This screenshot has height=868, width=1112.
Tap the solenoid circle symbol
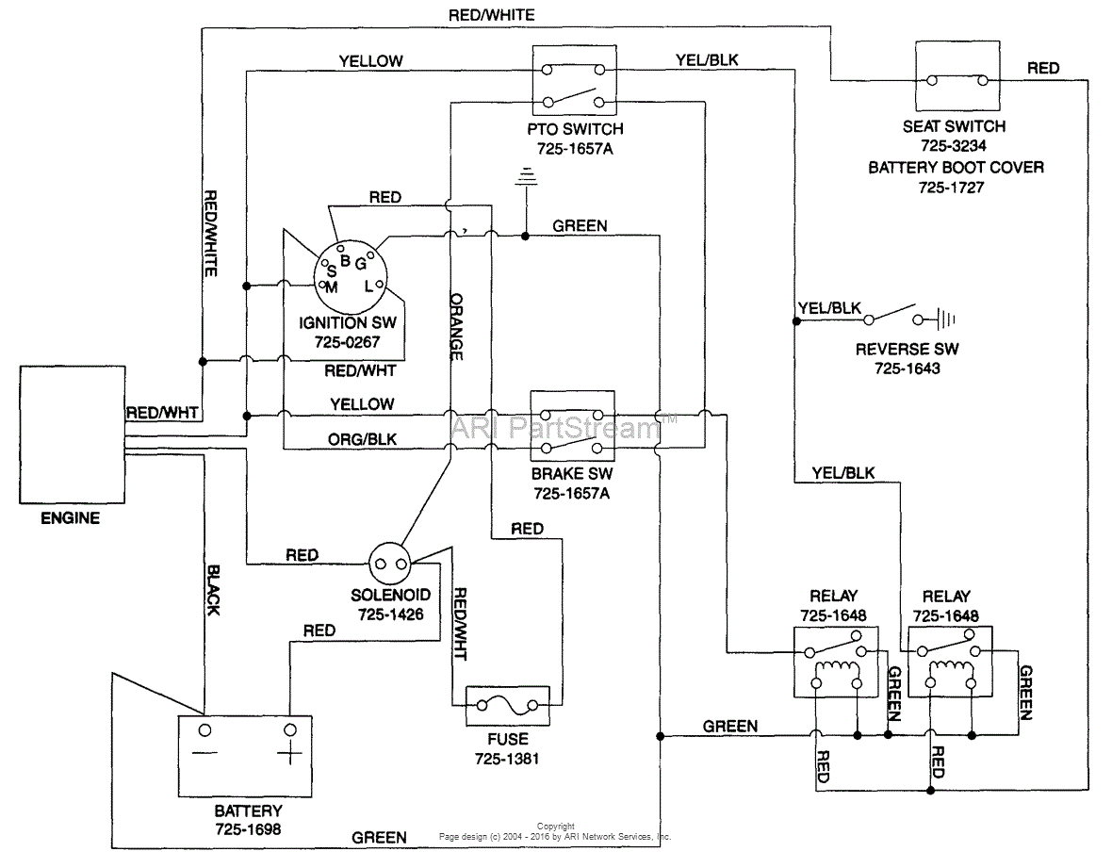coord(391,565)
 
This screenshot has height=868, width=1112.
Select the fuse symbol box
coord(507,706)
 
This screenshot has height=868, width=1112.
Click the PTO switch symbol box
coord(572,82)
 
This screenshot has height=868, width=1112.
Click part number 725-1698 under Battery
coord(248,829)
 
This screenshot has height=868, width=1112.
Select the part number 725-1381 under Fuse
coord(506,759)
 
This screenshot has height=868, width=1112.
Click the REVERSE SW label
coord(907,350)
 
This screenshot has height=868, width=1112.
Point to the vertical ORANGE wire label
coord(457,326)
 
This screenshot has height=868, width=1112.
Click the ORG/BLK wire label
coord(362,438)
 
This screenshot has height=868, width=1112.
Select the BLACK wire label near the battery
coord(213,591)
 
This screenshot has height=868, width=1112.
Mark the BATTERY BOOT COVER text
coord(956,167)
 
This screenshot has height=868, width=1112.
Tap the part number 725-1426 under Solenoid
coord(391,614)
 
